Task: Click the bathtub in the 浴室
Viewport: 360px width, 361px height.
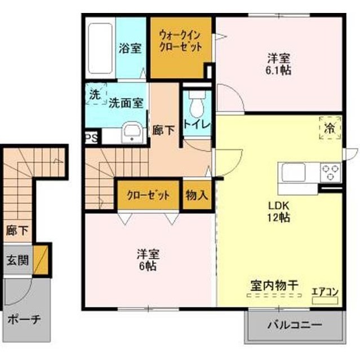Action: tap(101, 47)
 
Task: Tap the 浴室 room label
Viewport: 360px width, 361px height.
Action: tap(130, 49)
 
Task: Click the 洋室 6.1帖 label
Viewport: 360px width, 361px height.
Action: tap(278, 64)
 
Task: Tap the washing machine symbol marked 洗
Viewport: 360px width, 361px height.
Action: tap(95, 95)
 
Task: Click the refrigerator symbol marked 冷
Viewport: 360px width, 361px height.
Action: tap(330, 127)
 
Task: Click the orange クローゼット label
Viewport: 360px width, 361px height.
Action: tap(148, 196)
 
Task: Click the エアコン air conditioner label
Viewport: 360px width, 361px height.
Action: tap(325, 292)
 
